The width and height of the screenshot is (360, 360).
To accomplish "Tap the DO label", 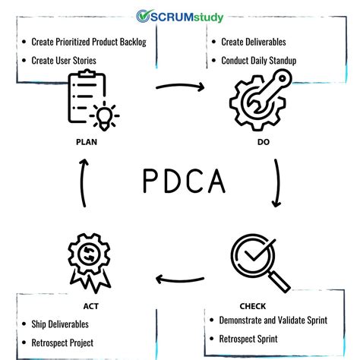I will coord(262,141).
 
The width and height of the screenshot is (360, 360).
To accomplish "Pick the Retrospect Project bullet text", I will coord(63,343).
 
